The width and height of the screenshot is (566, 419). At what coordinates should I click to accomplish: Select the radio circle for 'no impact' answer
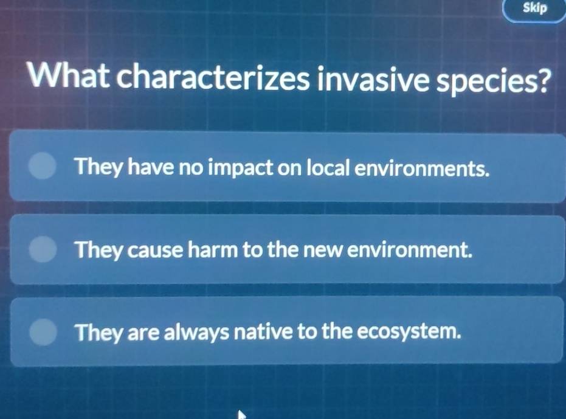(x=43, y=167)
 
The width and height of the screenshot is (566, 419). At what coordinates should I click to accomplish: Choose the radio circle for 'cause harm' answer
(x=43, y=249)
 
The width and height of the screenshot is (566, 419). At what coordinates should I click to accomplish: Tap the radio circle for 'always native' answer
(x=43, y=332)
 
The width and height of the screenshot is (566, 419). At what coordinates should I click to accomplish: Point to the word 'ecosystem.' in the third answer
(x=407, y=333)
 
